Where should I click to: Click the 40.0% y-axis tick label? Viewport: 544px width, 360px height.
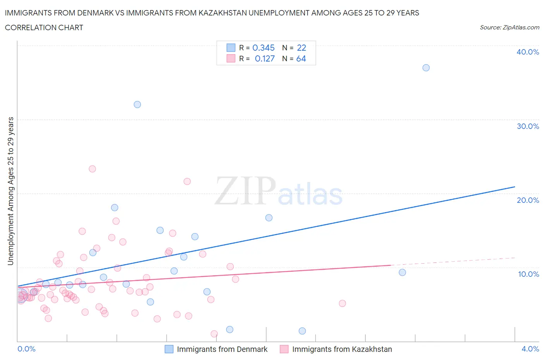click(x=527, y=52)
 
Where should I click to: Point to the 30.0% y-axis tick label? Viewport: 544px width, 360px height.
click(x=527, y=126)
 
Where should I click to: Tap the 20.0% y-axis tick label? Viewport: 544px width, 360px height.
click(x=527, y=200)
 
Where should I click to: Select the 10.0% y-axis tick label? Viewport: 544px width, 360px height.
click(x=528, y=274)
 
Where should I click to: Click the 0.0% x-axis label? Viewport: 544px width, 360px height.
click(x=26, y=349)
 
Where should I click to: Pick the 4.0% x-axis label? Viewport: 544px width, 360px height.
click(x=530, y=349)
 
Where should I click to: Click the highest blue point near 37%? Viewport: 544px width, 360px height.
click(x=426, y=68)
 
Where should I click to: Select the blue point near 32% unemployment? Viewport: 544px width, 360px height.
click(x=137, y=105)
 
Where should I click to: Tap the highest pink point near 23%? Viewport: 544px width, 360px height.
click(x=92, y=169)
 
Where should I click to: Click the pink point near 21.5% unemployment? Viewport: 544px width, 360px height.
click(x=187, y=182)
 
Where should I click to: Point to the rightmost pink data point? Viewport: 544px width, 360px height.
click(x=342, y=303)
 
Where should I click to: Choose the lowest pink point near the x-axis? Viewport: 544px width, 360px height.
click(x=214, y=334)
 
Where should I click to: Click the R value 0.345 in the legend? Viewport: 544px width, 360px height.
click(x=263, y=48)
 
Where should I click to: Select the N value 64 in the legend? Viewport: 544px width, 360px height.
click(x=301, y=58)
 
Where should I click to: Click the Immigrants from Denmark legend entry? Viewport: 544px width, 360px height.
click(x=222, y=349)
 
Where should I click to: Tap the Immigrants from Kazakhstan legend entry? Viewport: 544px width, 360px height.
click(x=342, y=349)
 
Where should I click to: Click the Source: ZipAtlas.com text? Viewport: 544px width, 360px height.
click(x=509, y=27)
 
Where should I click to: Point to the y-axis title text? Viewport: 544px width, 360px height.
click(x=10, y=191)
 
